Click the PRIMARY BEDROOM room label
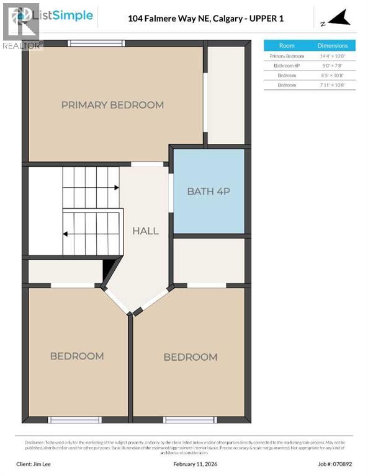click(112, 105)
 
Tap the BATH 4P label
click(209, 191)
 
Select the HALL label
click(145, 231)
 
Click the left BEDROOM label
click(77, 356)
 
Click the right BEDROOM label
click(191, 357)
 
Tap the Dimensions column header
click(333, 46)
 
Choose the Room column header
click(287, 46)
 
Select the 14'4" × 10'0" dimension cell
click(333, 56)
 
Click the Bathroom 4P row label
click(287, 65)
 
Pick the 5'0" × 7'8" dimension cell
click(333, 65)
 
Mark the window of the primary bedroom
click(96, 43)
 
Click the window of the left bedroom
click(74, 420)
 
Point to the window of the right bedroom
click(189, 420)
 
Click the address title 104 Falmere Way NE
click(205, 19)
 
